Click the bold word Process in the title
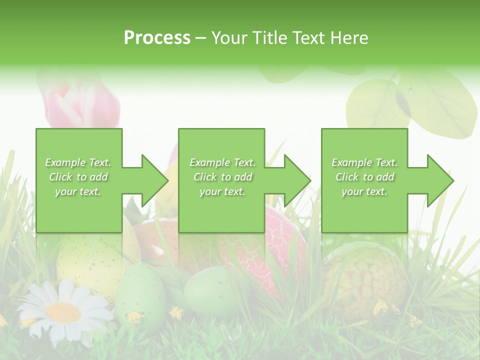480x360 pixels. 157,38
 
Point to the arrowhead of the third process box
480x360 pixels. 439,180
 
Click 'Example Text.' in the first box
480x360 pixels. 78,162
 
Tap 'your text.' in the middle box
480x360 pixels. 222,191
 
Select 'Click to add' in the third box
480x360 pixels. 365,177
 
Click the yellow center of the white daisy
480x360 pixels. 63,312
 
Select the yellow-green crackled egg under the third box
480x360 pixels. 367,275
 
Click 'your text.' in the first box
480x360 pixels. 78,191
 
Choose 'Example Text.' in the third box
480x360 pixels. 364,162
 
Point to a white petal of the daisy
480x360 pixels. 37,300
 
